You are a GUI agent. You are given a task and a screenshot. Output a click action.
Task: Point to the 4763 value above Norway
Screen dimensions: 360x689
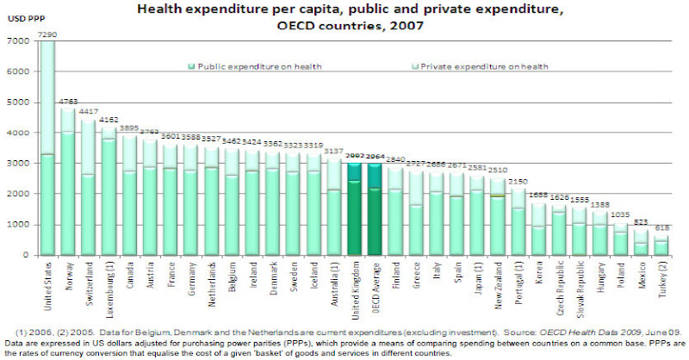69,102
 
